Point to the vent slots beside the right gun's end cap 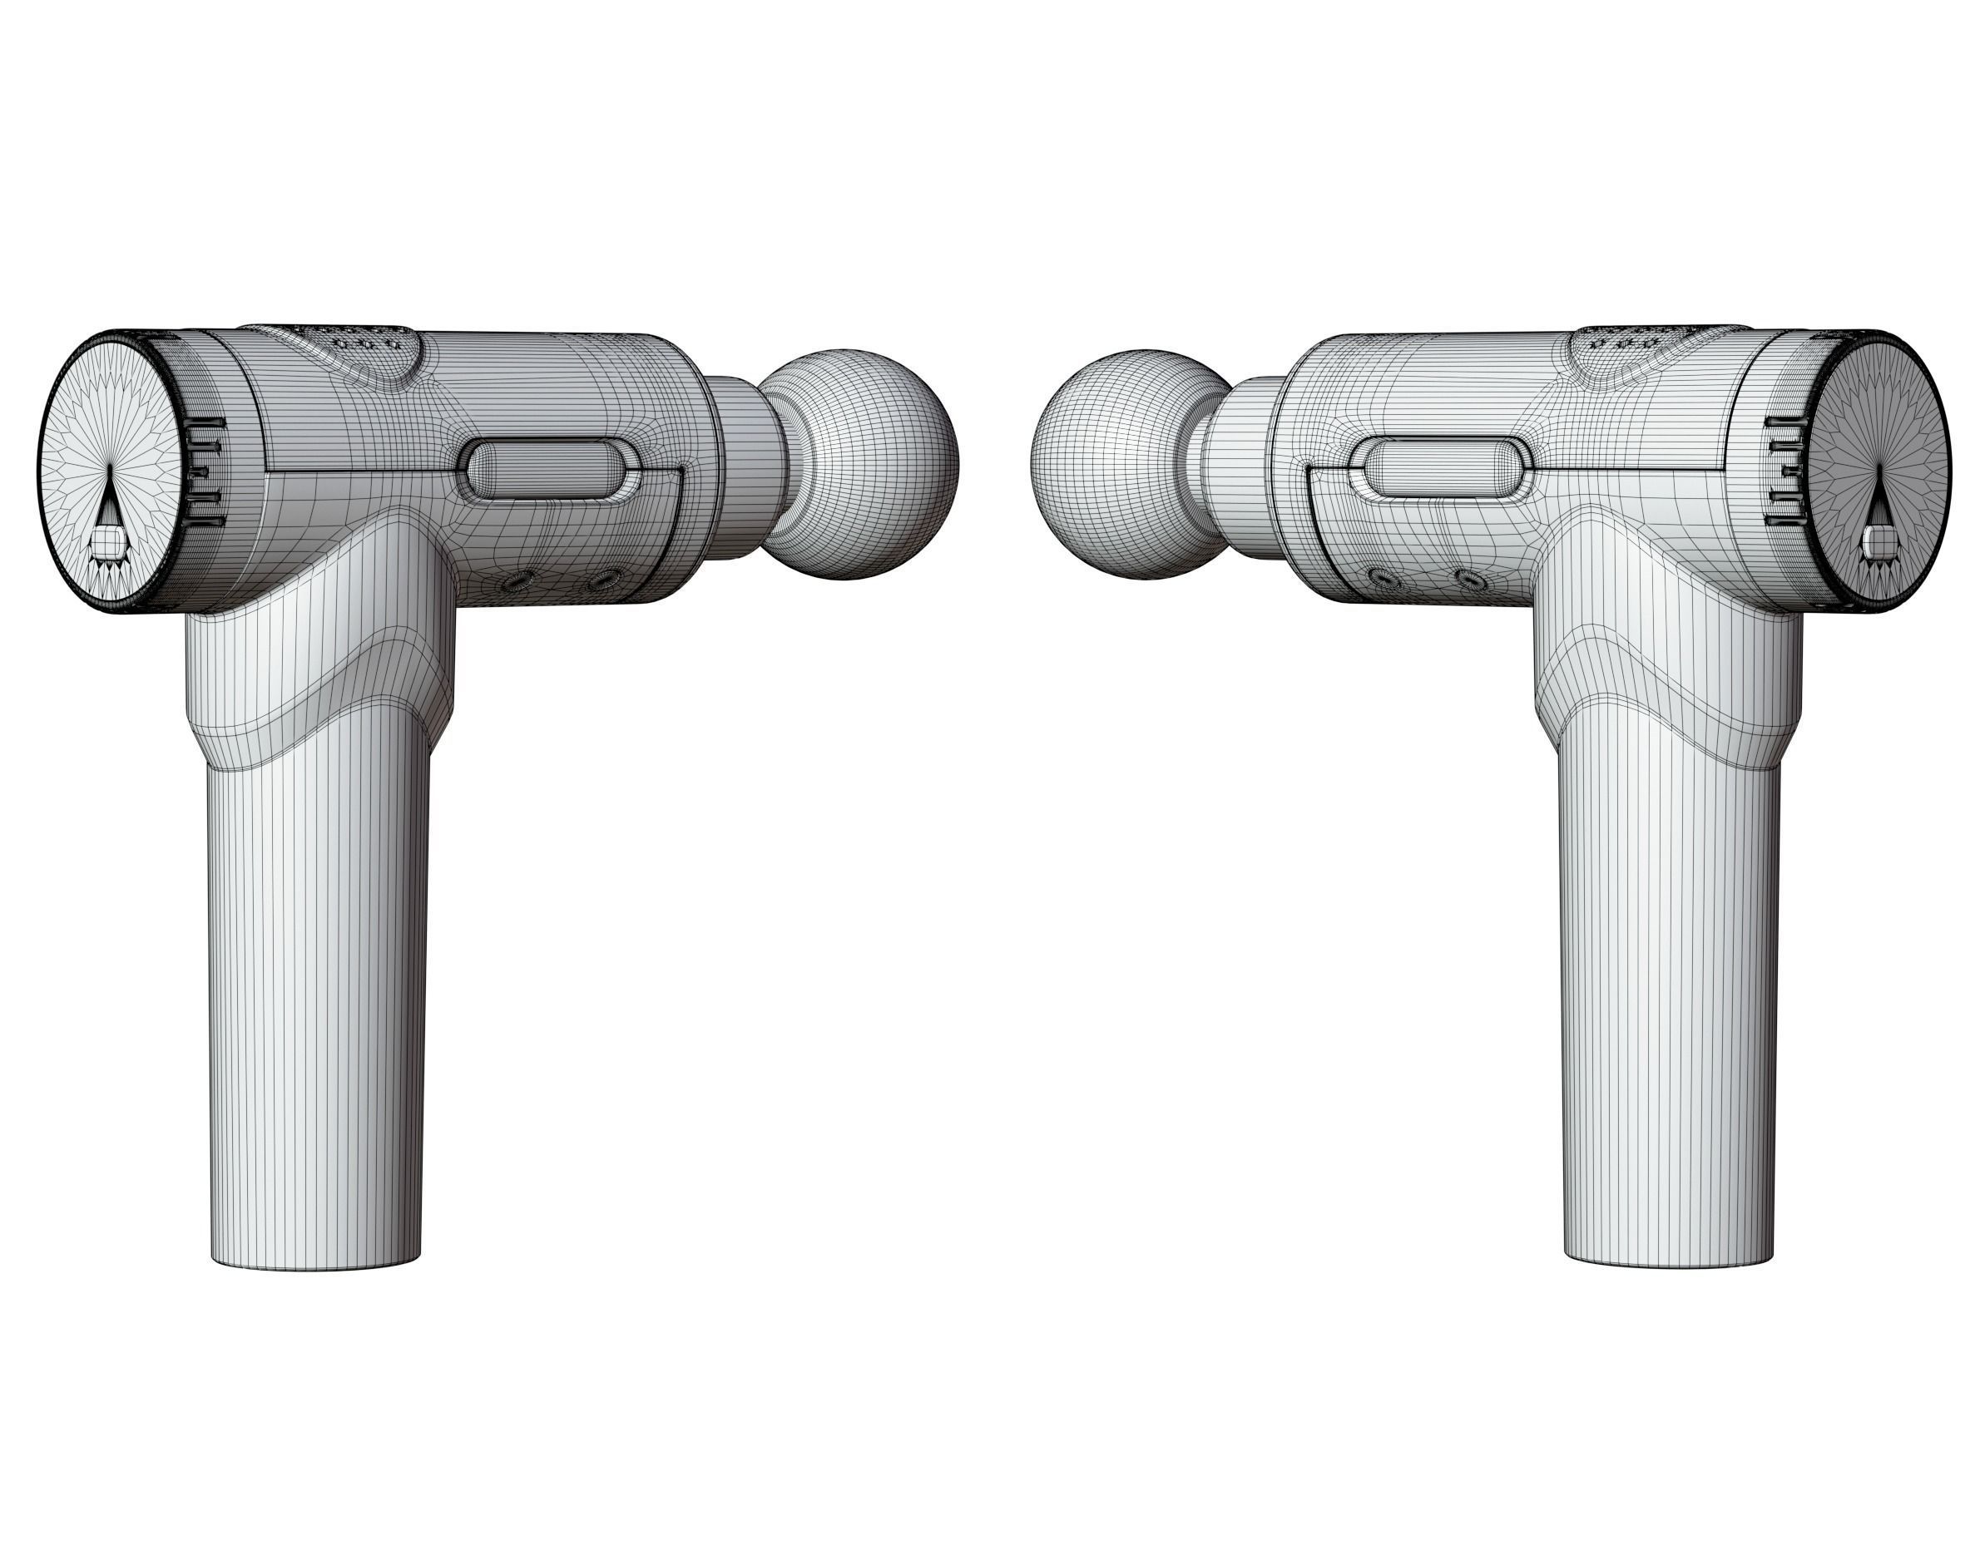point(1784,473)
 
